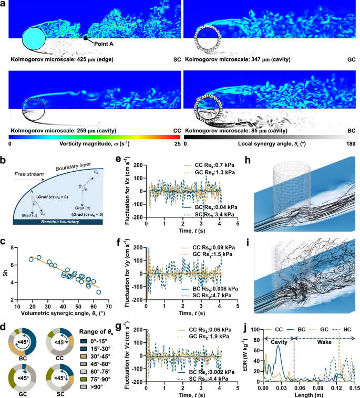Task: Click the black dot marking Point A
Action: point(86,38)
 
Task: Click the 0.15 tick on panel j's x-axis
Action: point(354,390)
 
